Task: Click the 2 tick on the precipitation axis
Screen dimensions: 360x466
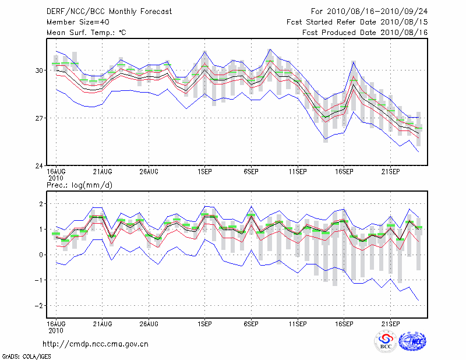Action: (x=41, y=204)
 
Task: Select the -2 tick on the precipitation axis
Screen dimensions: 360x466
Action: (x=40, y=306)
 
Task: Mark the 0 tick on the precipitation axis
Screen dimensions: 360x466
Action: (x=41, y=255)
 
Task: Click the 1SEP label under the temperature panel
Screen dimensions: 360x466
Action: (x=204, y=172)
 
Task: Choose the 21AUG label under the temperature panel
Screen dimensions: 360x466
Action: (x=103, y=172)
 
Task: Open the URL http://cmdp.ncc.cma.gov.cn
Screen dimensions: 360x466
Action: (x=96, y=344)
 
